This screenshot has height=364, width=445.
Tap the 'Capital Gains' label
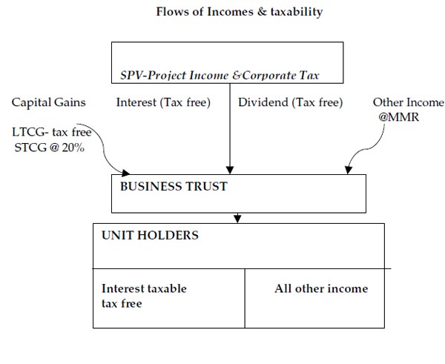(x=49, y=103)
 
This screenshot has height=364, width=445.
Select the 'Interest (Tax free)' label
(x=163, y=103)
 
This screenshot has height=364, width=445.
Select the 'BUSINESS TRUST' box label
(x=174, y=186)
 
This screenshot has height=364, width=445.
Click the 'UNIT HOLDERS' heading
(x=150, y=236)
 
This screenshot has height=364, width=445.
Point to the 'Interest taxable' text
(x=144, y=288)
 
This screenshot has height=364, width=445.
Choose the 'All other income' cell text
(x=321, y=288)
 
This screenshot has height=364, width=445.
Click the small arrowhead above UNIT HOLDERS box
(x=237, y=219)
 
